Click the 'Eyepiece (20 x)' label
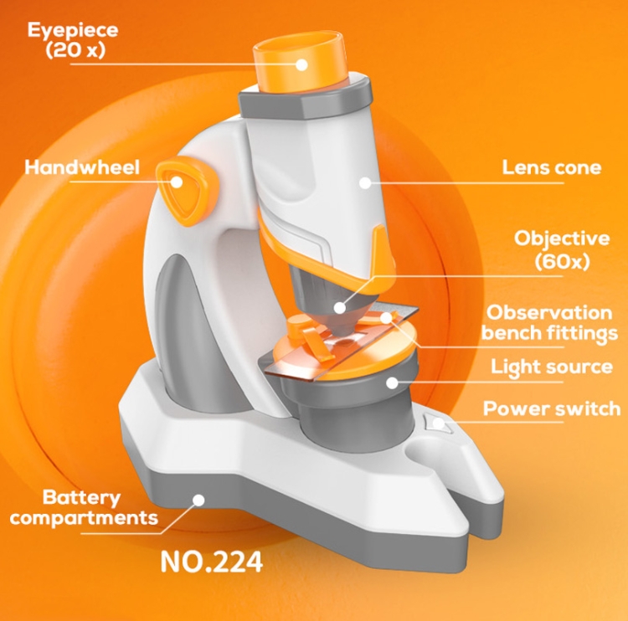[x=73, y=40]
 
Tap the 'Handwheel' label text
[x=82, y=167]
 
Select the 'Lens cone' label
[x=552, y=167]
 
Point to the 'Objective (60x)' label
[x=562, y=250]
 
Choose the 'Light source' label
[x=552, y=367]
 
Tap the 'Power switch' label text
[x=552, y=408]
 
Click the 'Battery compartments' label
[x=84, y=507]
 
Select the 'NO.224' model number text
[x=212, y=562]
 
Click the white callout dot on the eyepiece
[x=301, y=64]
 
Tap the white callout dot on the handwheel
[x=177, y=182]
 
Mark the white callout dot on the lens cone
[x=365, y=183]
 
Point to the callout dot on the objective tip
[x=340, y=308]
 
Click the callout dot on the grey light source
[x=392, y=382]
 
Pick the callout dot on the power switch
[x=439, y=423]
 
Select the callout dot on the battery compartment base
[x=198, y=500]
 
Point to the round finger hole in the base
[x=424, y=449]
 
